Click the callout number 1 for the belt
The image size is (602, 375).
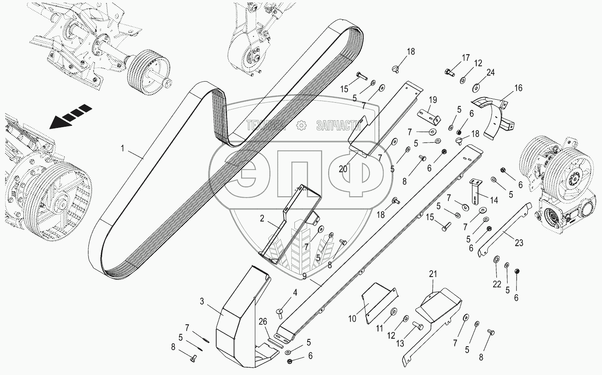(x=123, y=149)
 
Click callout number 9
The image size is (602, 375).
(x=304, y=276)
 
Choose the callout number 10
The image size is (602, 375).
(x=352, y=319)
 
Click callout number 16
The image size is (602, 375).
(x=518, y=88)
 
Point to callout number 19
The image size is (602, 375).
(x=433, y=101)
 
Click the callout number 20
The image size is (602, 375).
(x=343, y=169)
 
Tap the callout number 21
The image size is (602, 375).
(x=433, y=273)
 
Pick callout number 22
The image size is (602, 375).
(x=496, y=284)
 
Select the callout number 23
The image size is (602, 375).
(x=519, y=243)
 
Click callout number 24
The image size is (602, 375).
(x=490, y=73)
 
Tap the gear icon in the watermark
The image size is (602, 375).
(x=301, y=125)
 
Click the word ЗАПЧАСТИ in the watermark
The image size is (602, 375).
(x=338, y=125)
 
